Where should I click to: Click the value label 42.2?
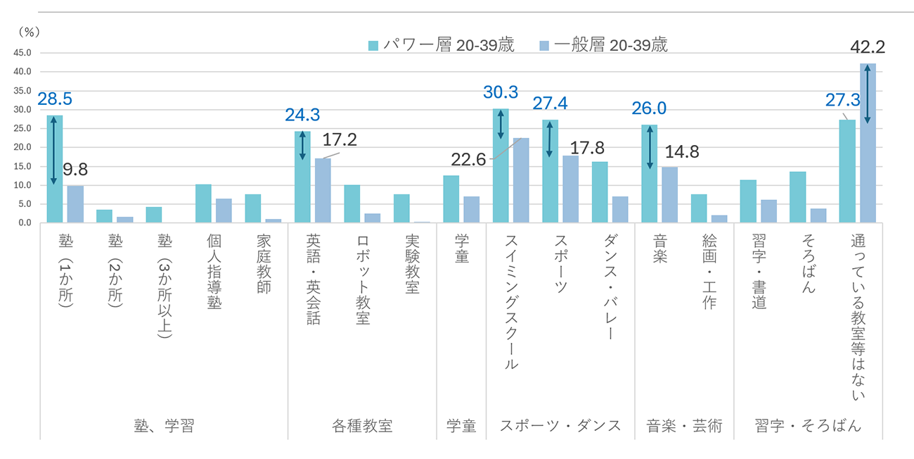click(867, 47)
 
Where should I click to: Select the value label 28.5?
click(55, 99)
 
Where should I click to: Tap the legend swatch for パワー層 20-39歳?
click(373, 46)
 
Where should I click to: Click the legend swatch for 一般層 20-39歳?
click(544, 46)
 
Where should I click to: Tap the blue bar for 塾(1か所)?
click(75, 204)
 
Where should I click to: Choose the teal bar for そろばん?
click(797, 197)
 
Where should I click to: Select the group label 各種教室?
click(362, 426)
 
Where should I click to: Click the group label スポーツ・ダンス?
click(560, 426)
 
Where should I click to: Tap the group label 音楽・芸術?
click(684, 426)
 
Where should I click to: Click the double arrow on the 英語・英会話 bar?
click(302, 145)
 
